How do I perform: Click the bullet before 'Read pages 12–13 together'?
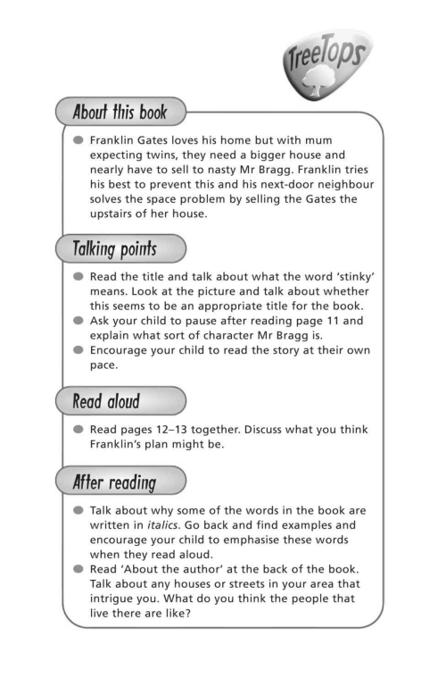tap(78, 431)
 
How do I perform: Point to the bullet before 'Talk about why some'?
tap(78, 513)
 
